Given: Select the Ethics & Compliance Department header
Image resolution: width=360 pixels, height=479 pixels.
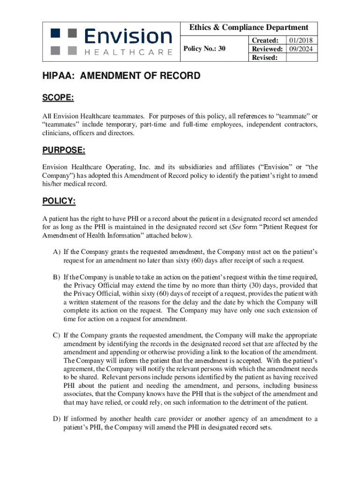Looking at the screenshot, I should [x=249, y=28].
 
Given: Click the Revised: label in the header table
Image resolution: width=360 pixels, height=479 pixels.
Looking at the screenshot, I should [x=265, y=57].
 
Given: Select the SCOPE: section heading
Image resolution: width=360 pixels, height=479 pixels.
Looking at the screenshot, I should [x=58, y=98].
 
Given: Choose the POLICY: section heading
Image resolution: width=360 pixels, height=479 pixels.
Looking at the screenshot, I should [x=59, y=201].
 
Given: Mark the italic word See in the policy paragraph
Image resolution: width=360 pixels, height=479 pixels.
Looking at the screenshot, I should [x=237, y=227].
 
